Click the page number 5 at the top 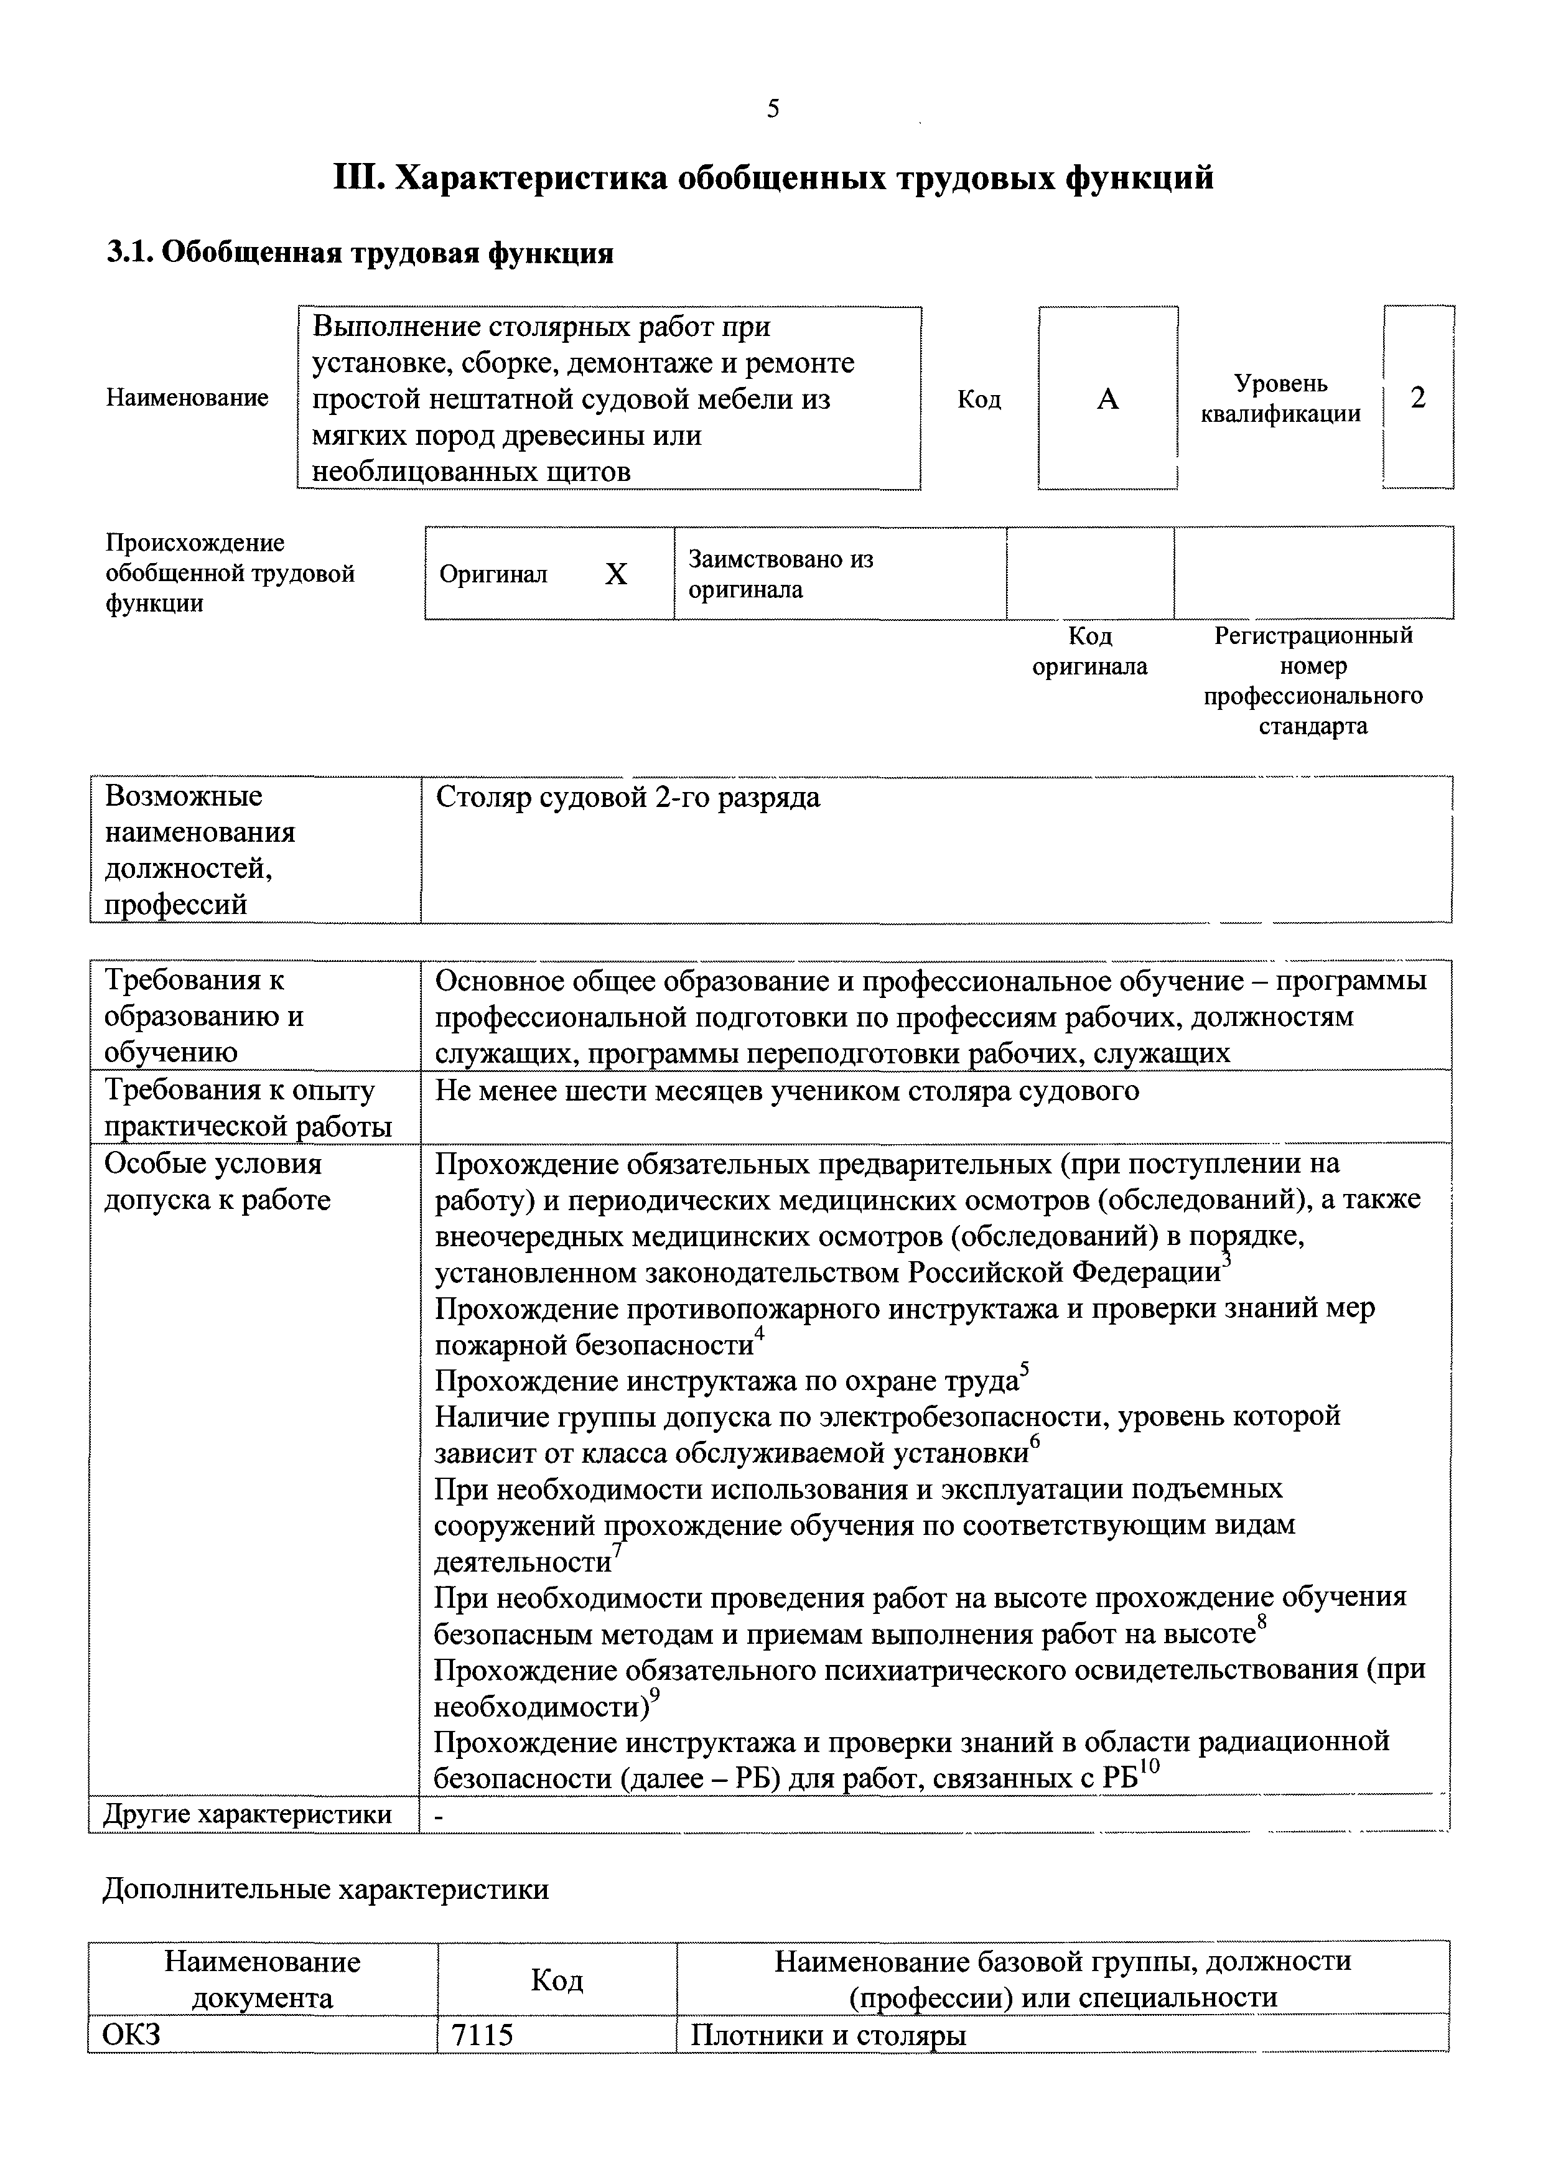pos(773,110)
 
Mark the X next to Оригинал pos(616,574)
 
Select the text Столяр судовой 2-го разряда pos(627,798)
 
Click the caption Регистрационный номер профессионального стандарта pos(1313,681)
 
